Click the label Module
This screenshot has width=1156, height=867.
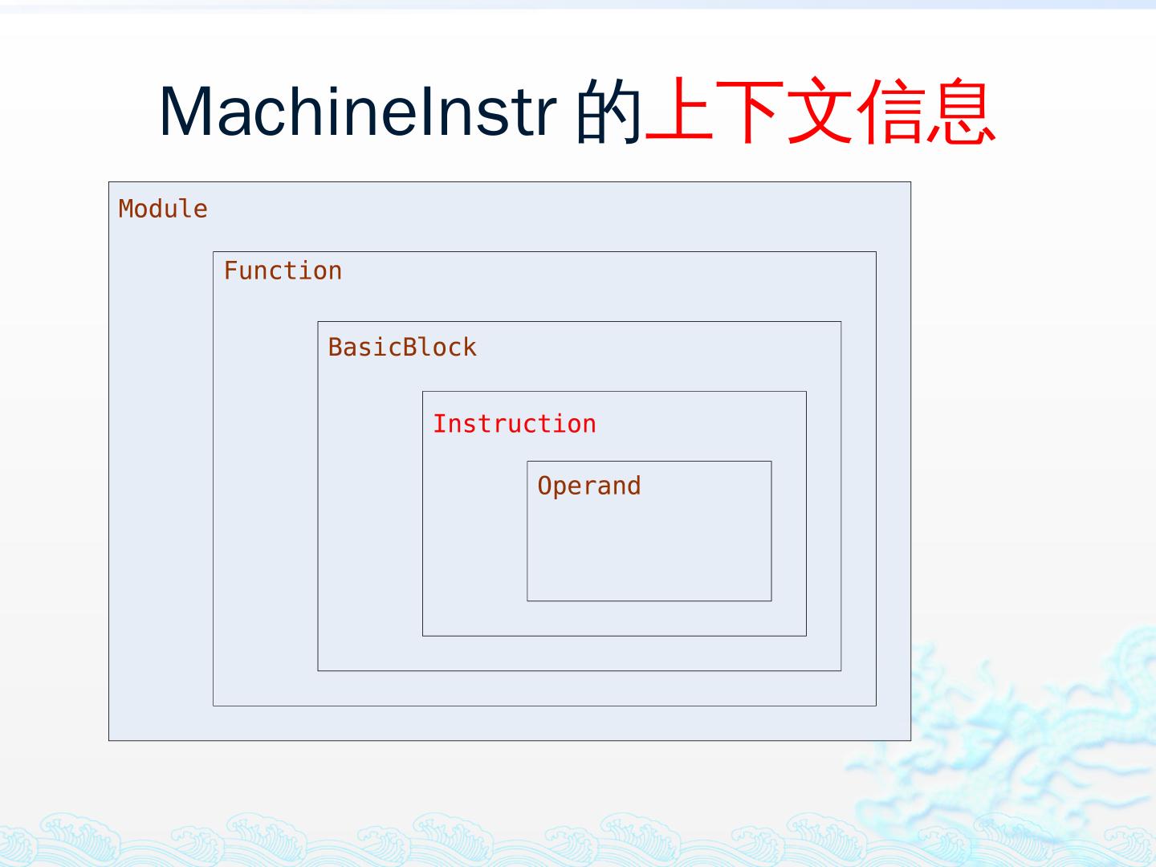pos(163,209)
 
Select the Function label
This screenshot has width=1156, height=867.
pos(283,271)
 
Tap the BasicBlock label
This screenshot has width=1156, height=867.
pos(402,347)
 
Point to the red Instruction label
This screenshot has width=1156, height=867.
pos(515,423)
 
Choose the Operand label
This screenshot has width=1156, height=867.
pos(589,486)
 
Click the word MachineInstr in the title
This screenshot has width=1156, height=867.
pos(358,111)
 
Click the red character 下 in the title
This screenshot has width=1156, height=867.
pos(751,111)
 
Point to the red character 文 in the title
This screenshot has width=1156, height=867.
pos(820,111)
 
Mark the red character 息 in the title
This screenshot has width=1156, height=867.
pos(960,111)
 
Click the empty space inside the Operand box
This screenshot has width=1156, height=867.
pos(649,550)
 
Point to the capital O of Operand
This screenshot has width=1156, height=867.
pos(544,486)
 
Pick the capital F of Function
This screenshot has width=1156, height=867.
pos(230,271)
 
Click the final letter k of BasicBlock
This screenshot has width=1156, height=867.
pos(470,347)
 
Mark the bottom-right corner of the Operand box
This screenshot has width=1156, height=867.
pos(771,600)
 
